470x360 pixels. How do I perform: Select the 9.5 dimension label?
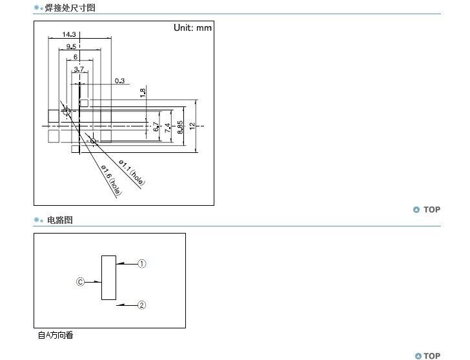71,46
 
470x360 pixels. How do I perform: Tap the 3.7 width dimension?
79,68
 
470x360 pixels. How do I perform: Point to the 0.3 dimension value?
119,81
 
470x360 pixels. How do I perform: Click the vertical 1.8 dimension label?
143,92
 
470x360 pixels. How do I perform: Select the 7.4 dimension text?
168,128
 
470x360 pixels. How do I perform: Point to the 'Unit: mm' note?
192,28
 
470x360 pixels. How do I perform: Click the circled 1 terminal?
143,263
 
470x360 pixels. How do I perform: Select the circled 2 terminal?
143,305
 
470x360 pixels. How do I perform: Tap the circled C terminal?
81,282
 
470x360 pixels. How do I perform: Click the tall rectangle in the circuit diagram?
108,278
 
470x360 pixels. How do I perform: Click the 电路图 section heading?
60,220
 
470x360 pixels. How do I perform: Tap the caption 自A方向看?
56,335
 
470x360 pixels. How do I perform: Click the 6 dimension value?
75,57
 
